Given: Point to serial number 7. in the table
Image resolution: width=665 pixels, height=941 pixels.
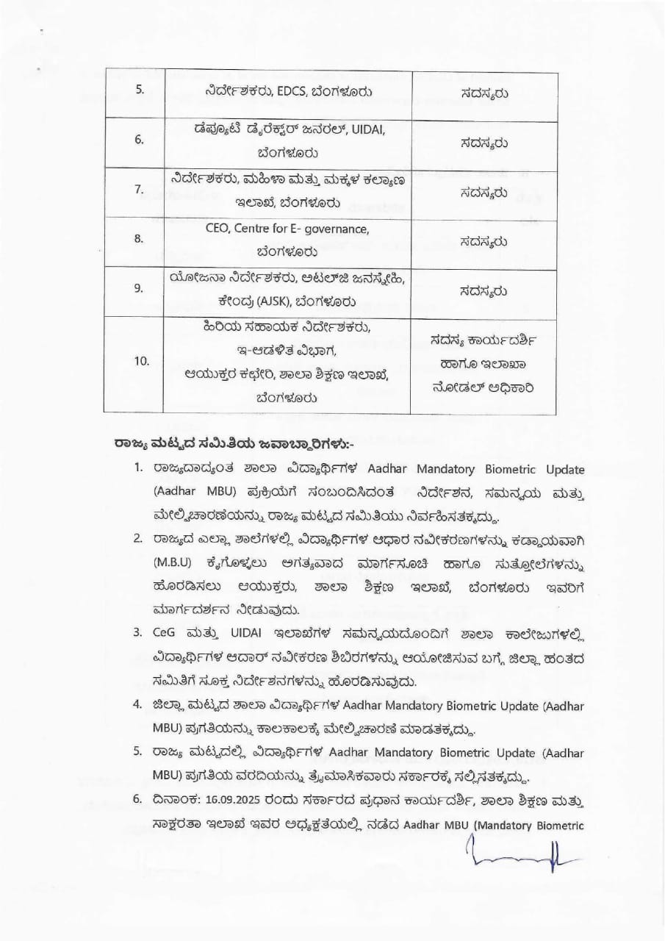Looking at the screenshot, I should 139,189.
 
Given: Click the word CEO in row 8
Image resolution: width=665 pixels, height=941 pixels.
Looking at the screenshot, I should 218,229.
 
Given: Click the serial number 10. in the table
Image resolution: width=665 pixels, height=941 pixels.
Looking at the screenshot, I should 141,361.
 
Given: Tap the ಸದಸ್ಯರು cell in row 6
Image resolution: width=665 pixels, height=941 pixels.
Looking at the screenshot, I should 484,140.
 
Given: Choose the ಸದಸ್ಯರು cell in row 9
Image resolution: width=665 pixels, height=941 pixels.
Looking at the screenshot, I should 484,290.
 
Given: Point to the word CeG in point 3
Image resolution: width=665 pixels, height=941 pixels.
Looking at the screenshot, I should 165,632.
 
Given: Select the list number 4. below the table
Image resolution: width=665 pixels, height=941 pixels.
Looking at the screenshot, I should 137,704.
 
